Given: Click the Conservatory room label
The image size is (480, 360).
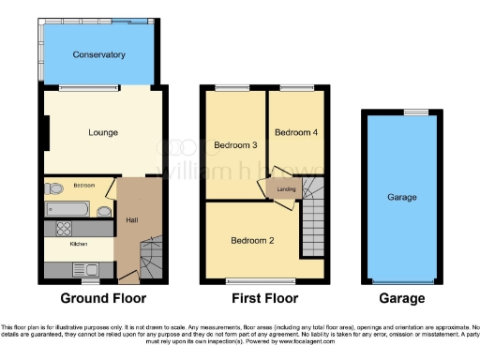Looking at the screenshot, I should [x=99, y=55].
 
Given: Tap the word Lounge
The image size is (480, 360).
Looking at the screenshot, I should [x=102, y=132].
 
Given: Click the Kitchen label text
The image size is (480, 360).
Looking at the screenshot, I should [x=79, y=245].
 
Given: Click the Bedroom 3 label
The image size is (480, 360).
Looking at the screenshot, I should [x=234, y=144].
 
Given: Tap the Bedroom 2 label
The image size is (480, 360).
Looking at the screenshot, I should [x=253, y=240].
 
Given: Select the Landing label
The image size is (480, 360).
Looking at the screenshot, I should [x=287, y=190].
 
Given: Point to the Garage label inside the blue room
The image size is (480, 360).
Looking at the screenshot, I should [x=402, y=198].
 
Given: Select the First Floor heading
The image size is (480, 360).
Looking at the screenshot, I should [x=265, y=299].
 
